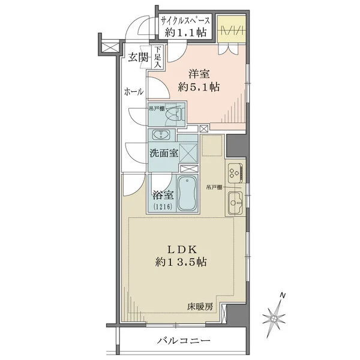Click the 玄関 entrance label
coord(138,58)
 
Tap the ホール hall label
coord(133,92)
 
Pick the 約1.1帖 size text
coord(184,34)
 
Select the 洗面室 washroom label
coord(164,152)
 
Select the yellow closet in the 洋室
coord(230,33)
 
